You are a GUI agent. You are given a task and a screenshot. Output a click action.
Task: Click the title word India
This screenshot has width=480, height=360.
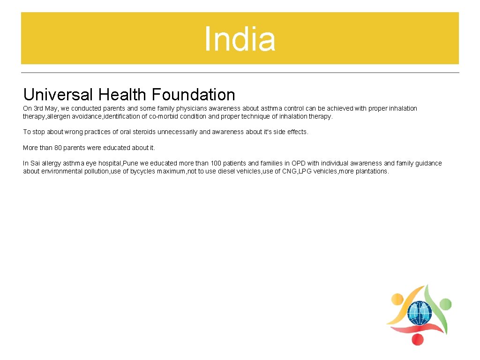pyautogui.click(x=240, y=39)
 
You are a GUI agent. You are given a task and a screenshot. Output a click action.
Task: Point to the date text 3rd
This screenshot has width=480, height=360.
pyautogui.click(x=39, y=108)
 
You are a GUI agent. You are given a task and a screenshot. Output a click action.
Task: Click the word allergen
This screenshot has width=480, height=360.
pyautogui.click(x=60, y=116)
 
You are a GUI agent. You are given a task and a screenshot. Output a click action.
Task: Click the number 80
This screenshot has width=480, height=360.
pyautogui.click(x=58, y=148)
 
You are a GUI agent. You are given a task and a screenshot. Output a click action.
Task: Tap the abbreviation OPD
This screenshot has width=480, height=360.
pyautogui.click(x=299, y=163)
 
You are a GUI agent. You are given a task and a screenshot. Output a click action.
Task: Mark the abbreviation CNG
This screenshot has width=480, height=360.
pyautogui.click(x=289, y=171)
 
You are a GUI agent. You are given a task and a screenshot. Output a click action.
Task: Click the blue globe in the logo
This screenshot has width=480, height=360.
pyautogui.click(x=419, y=313)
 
